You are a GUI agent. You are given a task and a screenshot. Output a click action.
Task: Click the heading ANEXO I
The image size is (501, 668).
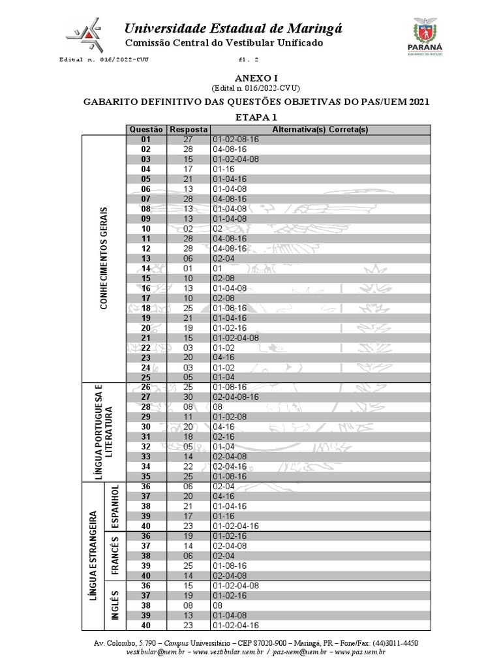pyautogui.click(x=256, y=78)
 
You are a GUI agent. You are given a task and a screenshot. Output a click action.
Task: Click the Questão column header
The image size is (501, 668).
pyautogui.click(x=145, y=129)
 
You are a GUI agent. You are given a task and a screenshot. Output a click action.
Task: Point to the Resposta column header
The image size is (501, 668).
pyautogui.click(x=189, y=129)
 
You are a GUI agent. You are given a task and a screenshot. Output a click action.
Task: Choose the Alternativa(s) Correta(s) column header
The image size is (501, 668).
pyautogui.click(x=320, y=129)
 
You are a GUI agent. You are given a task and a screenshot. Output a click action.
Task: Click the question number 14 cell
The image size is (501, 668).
pyautogui.click(x=145, y=268)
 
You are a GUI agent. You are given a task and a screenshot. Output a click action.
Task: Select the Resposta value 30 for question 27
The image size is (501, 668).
pyautogui.click(x=189, y=396)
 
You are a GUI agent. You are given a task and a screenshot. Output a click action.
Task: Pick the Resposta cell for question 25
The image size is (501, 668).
pyautogui.click(x=189, y=376)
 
